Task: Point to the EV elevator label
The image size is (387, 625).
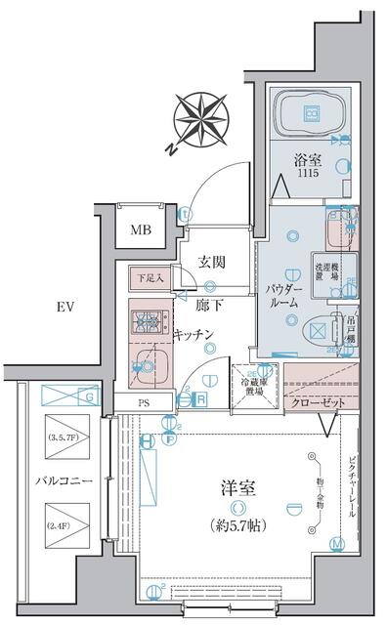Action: point(66,307)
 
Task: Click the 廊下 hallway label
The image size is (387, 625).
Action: point(207,306)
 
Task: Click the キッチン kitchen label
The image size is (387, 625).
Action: point(194,335)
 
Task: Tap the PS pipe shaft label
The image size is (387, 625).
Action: point(141,401)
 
